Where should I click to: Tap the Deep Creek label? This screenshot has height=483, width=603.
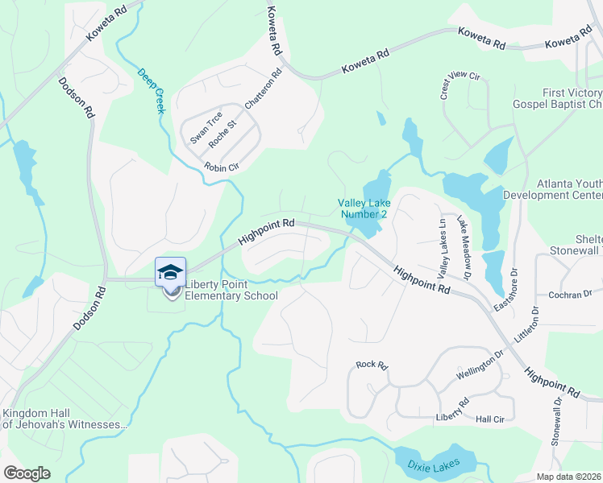[150, 89]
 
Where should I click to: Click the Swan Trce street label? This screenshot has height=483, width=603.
[206, 127]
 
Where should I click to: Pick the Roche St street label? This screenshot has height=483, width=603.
[222, 134]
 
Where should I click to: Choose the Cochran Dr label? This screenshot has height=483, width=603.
[570, 295]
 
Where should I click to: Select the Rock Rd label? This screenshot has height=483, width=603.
[372, 365]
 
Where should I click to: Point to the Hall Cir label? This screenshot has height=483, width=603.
[489, 419]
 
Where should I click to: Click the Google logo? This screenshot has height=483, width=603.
[27, 473]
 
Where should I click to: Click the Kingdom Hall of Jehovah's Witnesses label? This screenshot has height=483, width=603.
[64, 419]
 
